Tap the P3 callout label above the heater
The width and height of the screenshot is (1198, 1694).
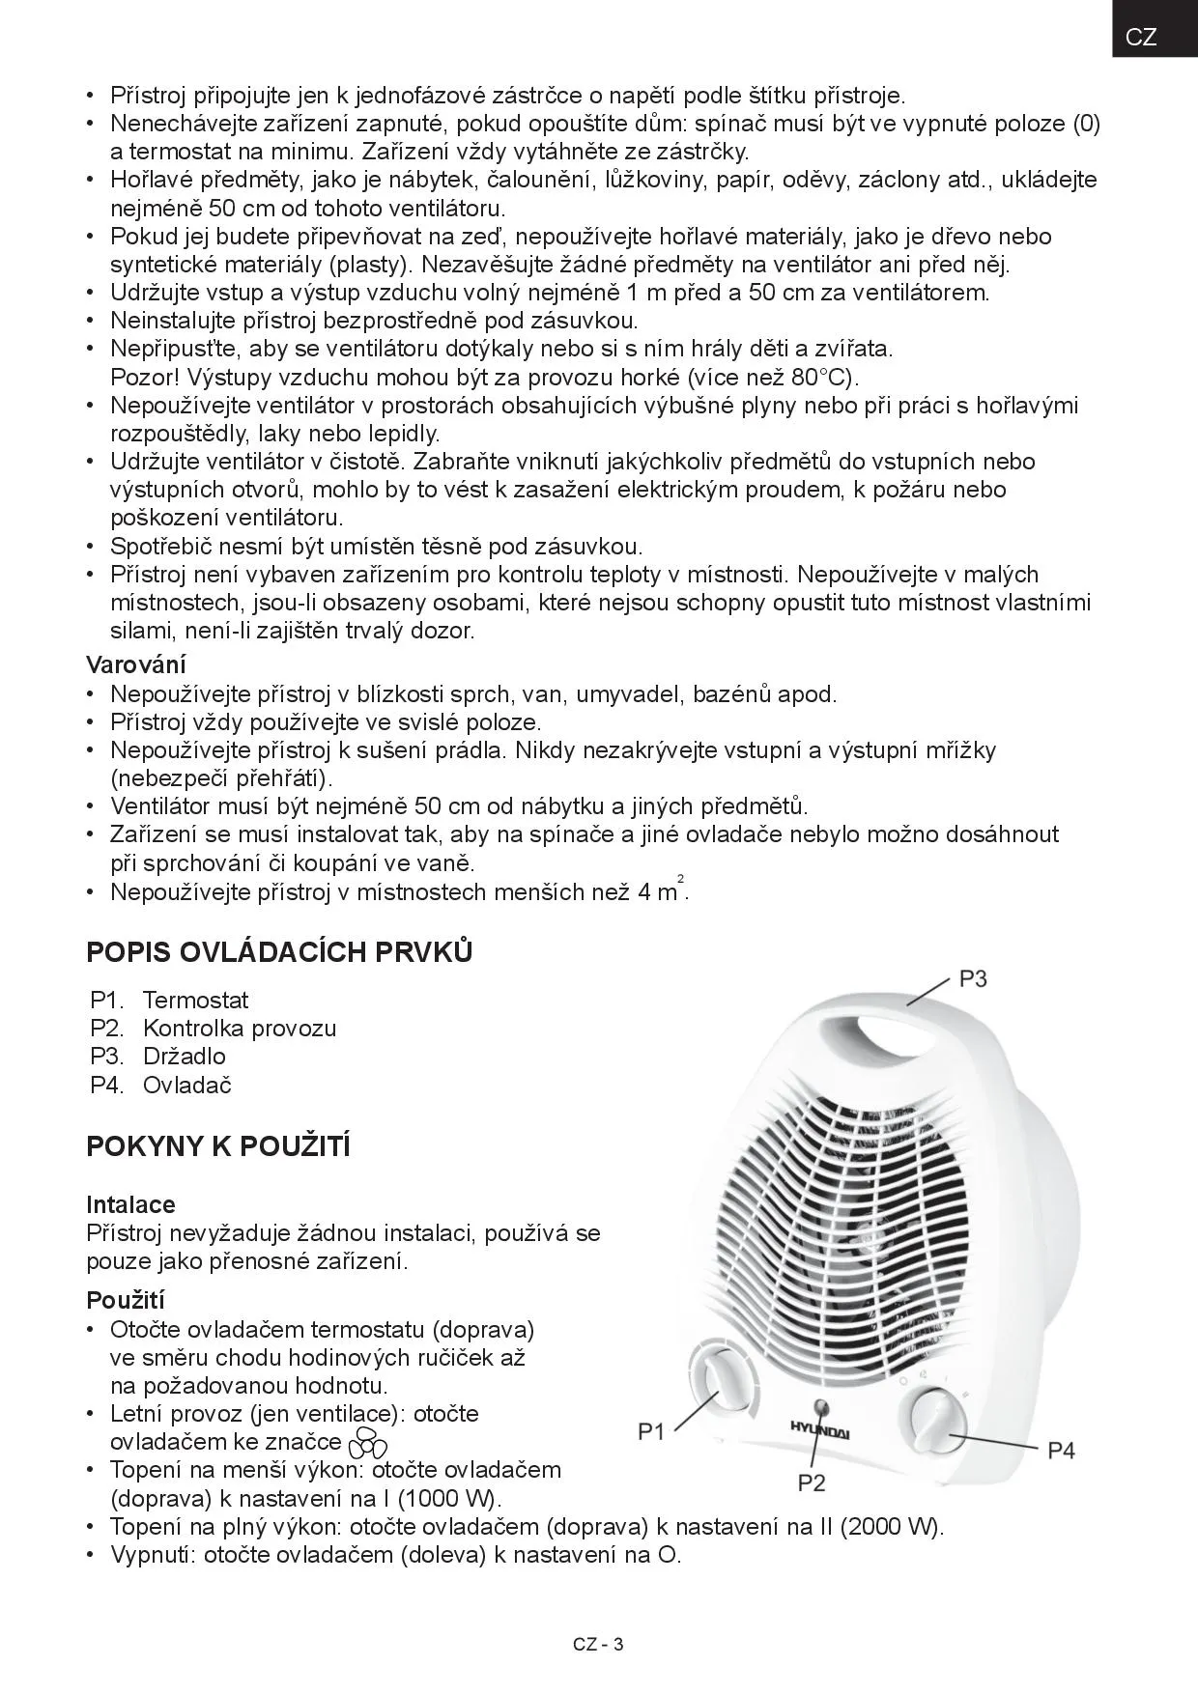coord(973,979)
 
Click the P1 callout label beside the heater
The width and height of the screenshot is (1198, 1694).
coord(652,1432)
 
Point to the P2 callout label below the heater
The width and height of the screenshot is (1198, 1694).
coord(812,1482)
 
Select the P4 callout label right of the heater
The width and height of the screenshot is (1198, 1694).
coord(1061,1451)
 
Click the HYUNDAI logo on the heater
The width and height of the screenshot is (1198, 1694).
coord(820,1429)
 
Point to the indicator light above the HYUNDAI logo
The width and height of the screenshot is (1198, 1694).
coord(822,1406)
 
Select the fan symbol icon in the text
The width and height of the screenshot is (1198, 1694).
coord(367,1443)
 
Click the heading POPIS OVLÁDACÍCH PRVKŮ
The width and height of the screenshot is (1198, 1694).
coord(279,952)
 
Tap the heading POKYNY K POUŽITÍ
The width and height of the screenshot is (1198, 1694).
coord(218,1146)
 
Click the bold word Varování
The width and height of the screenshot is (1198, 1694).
coord(136,664)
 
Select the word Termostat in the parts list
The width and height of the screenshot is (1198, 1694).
coord(195,1000)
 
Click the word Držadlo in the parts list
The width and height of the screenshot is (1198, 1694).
coord(184,1056)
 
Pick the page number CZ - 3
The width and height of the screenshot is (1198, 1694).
coord(598,1645)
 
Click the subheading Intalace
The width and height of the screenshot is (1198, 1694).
coord(130,1204)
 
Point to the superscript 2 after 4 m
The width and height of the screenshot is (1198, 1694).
coord(681,878)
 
